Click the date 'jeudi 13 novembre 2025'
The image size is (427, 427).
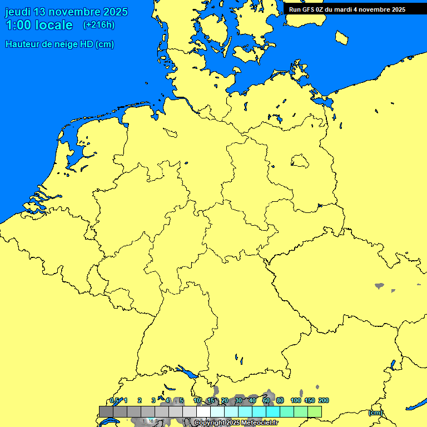tap(66, 12)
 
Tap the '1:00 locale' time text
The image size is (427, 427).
tap(39, 25)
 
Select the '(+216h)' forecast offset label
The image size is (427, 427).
tap(99, 25)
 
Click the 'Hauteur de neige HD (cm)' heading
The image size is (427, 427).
tap(59, 44)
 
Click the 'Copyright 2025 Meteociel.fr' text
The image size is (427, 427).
tap(236, 423)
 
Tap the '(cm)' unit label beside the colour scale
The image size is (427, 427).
tap(375, 413)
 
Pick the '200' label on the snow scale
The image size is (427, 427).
tap(324, 400)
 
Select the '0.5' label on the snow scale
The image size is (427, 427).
tap(114, 400)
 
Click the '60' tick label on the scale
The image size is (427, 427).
tap(266, 400)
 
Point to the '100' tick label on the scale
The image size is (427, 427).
tap(296, 400)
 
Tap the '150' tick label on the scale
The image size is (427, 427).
tap(310, 400)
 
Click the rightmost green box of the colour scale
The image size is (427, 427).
tap(314, 411)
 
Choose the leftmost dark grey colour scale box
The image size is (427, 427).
tap(106, 411)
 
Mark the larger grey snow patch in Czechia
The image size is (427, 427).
tap(379, 286)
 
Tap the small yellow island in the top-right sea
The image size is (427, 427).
tap(342, 37)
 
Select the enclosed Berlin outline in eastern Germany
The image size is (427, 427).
tap(300, 161)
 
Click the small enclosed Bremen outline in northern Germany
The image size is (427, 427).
tap(170, 132)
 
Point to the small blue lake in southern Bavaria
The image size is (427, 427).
tap(236, 358)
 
